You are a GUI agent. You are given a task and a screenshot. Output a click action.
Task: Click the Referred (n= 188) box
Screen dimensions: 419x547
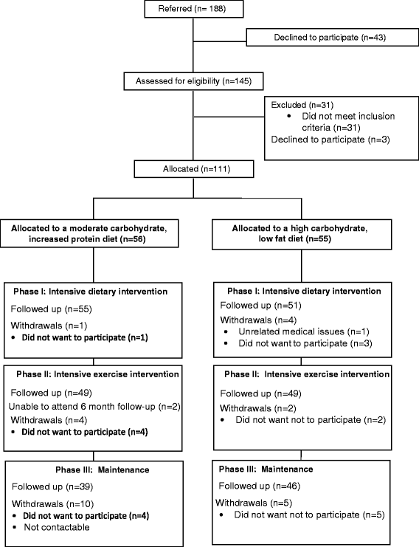tap(194, 9)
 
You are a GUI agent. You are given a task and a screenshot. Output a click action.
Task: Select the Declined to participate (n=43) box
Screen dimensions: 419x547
tap(333, 38)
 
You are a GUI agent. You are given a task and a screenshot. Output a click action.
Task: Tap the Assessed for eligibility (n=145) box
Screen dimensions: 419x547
tap(193, 81)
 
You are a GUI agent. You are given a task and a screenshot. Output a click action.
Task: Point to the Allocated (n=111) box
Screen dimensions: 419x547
tap(194, 169)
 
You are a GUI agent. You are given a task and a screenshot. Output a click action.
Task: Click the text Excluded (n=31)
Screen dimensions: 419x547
tap(302, 105)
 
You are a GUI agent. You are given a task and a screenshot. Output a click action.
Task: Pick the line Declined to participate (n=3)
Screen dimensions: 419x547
tap(330, 140)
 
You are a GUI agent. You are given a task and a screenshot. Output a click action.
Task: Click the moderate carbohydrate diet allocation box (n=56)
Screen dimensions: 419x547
tap(89, 233)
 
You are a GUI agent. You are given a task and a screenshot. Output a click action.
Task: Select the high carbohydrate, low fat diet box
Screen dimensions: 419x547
tap(302, 234)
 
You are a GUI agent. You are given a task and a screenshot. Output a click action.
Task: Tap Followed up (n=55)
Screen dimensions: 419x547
tap(51, 309)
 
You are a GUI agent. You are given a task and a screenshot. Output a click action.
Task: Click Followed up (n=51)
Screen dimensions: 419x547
tap(260, 306)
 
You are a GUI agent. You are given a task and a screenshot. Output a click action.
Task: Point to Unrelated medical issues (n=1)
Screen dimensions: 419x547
tap(304, 331)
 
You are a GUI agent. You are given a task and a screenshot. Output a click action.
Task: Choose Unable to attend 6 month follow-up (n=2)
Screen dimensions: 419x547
tap(94, 407)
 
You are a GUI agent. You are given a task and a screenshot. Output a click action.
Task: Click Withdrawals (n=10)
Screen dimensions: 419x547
tap(53, 504)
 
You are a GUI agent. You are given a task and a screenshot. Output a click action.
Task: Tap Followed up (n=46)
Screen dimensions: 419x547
tap(260, 486)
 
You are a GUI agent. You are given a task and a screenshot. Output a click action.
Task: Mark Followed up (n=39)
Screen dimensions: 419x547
tap(52, 486)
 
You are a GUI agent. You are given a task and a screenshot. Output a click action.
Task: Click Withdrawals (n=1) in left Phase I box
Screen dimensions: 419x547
tap(49, 326)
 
